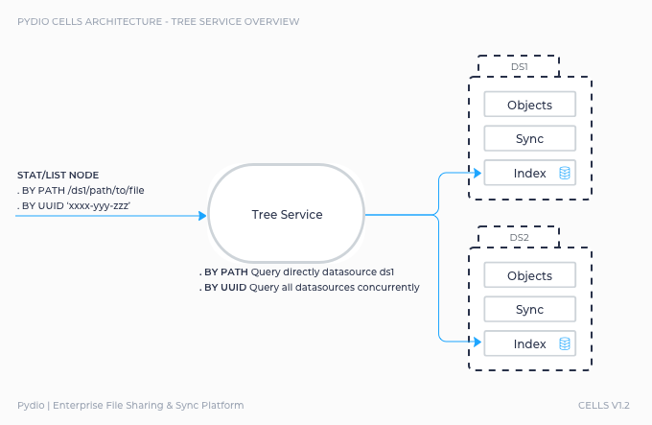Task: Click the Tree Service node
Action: pos(287,214)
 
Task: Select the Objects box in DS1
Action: pos(529,105)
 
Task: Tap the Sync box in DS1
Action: pos(529,138)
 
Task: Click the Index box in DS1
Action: pos(529,173)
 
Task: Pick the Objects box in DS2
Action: pos(529,275)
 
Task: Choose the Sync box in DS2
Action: pos(529,309)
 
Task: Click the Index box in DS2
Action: pos(529,343)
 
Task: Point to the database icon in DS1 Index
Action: pos(565,173)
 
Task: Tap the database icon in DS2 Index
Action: pos(565,343)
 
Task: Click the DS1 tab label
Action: pos(520,66)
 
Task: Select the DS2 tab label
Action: pos(520,238)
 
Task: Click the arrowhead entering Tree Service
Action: pos(203,216)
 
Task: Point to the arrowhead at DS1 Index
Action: pos(477,173)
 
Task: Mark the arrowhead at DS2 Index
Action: pos(477,342)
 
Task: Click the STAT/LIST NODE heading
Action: pos(58,175)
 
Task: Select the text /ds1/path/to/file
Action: pos(105,191)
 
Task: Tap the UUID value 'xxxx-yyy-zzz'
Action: pos(98,206)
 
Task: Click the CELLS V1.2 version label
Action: pos(604,405)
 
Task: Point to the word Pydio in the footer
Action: pos(31,406)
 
